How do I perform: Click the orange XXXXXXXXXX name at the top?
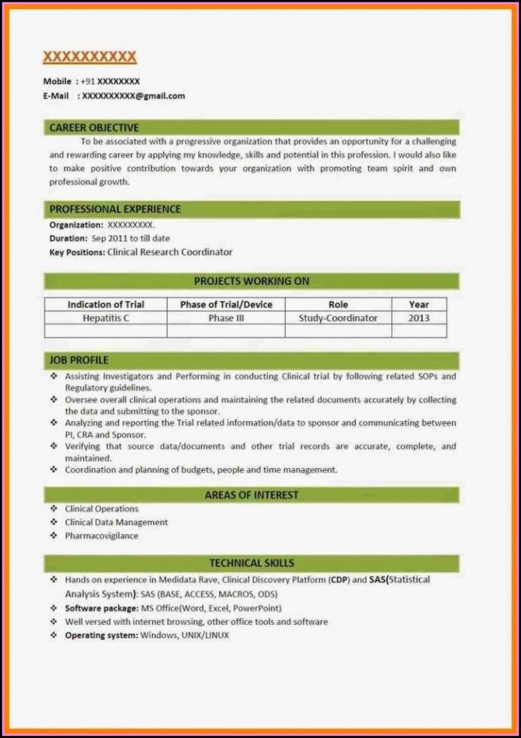pyautogui.click(x=89, y=57)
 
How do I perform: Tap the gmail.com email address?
pyautogui.click(x=133, y=96)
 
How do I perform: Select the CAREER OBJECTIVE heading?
pyautogui.click(x=94, y=128)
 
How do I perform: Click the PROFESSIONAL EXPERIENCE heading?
pyautogui.click(x=115, y=209)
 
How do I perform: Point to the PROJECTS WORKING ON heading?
pyautogui.click(x=252, y=281)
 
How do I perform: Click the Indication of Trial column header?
pyautogui.click(x=106, y=304)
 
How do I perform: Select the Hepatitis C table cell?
pyautogui.click(x=106, y=318)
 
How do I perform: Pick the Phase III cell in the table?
pyautogui.click(x=226, y=318)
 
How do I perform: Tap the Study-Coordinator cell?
pyautogui.click(x=338, y=318)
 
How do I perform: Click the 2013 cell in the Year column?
pyautogui.click(x=419, y=318)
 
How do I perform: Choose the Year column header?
pyautogui.click(x=419, y=304)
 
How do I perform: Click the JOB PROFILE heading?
pyautogui.click(x=79, y=360)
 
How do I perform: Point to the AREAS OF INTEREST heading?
pyautogui.click(x=252, y=495)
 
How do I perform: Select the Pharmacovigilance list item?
pyautogui.click(x=101, y=536)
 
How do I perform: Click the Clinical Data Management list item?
pyautogui.click(x=116, y=522)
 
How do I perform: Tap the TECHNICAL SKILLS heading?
pyautogui.click(x=252, y=563)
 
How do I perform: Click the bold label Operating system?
pyautogui.click(x=101, y=635)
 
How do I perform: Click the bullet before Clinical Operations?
pyautogui.click(x=54, y=509)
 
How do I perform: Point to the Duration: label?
pyautogui.click(x=68, y=238)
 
